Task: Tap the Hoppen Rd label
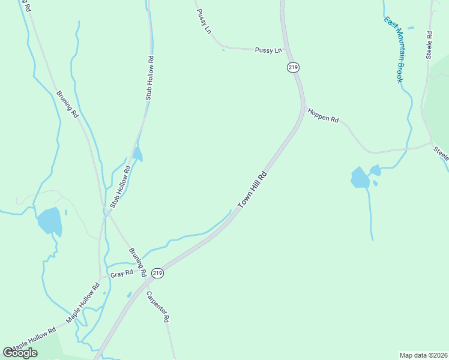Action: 324,116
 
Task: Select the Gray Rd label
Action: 121,274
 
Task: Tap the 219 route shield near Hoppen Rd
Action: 292,68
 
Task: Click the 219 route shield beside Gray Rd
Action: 157,273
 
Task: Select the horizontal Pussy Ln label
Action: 268,50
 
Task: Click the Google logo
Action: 20,353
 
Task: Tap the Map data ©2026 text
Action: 423,355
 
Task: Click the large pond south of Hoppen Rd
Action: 360,178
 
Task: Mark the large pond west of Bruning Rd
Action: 50,221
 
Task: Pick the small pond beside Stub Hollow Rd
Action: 138,155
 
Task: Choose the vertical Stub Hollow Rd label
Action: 150,78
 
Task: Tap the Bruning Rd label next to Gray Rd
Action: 137,262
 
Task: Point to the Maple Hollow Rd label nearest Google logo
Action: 34,339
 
